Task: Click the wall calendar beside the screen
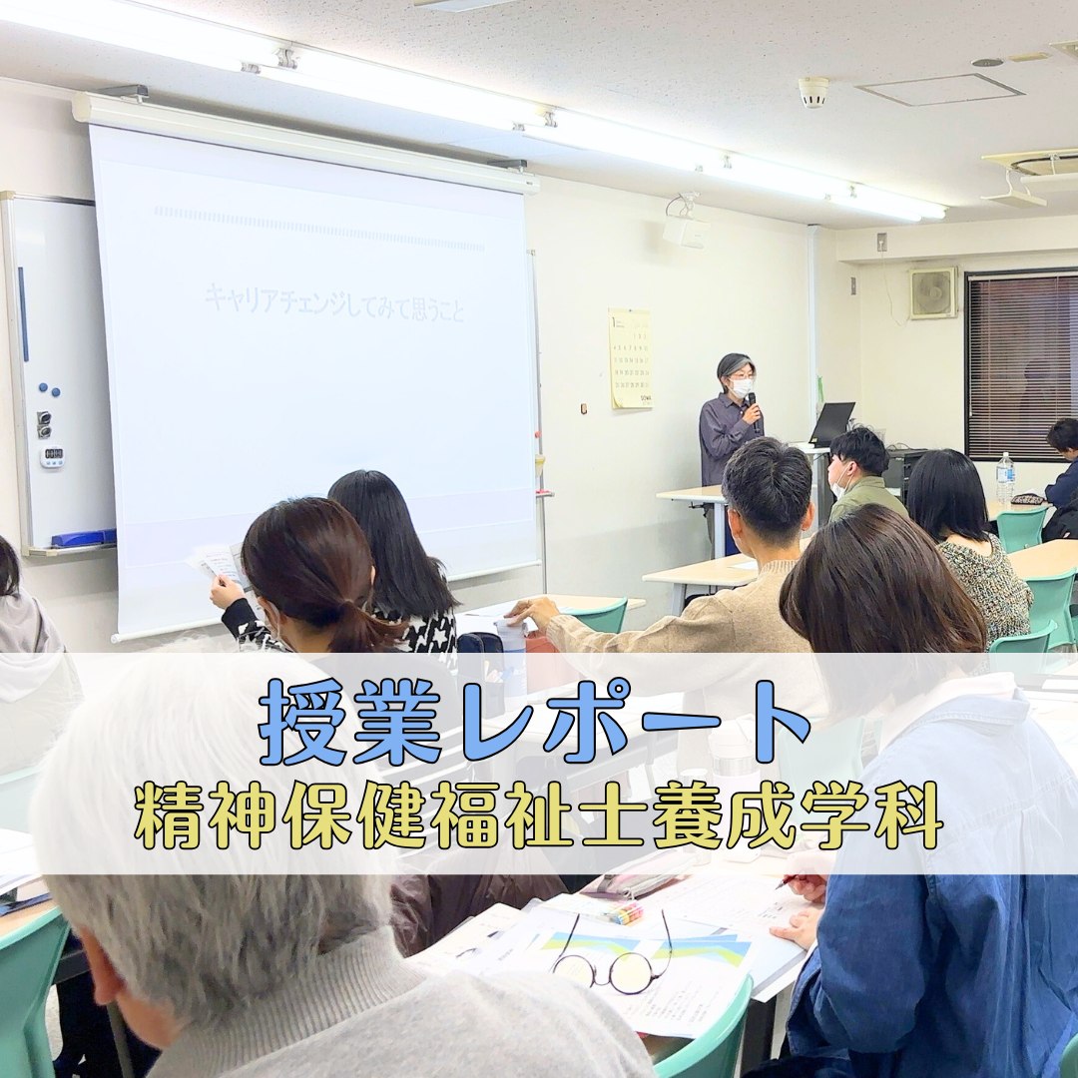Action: (x=630, y=358)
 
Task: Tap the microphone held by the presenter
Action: (x=751, y=404)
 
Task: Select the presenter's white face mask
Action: (x=741, y=386)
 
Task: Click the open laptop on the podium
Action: (x=831, y=423)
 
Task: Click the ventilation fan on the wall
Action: (x=932, y=293)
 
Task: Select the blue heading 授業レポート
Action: (x=534, y=722)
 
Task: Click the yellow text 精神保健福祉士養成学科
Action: (x=539, y=813)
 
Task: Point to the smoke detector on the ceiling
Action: (x=813, y=92)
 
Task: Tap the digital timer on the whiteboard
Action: (x=52, y=456)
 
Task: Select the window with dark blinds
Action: (x=1021, y=366)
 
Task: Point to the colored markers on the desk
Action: (x=625, y=912)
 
